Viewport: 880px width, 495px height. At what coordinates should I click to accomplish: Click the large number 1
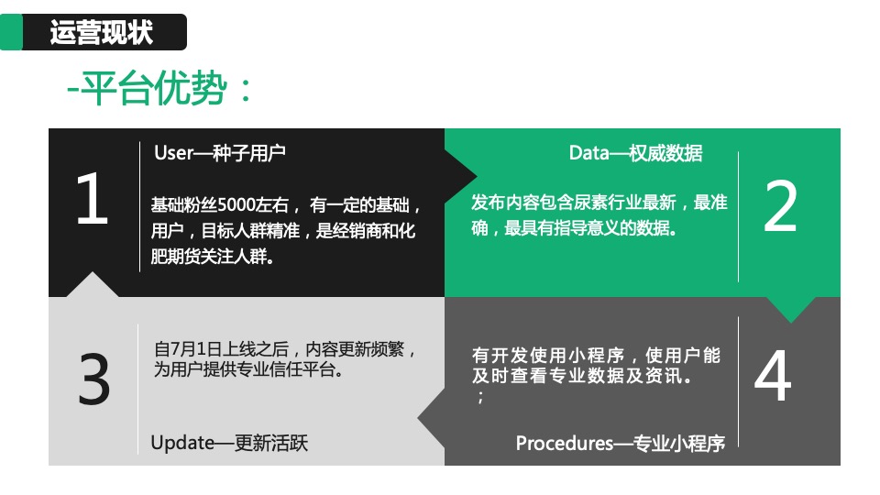(92, 201)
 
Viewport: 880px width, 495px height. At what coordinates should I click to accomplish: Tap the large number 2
(780, 206)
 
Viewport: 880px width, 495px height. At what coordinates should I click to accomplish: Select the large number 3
(94, 379)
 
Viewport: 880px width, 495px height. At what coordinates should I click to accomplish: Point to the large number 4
(772, 376)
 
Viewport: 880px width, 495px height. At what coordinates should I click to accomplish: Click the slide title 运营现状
(102, 33)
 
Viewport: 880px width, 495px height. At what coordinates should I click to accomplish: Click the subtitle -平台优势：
(159, 90)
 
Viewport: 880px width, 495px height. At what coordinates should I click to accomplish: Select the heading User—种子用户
(220, 152)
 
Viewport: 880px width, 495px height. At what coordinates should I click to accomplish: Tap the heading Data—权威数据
(635, 153)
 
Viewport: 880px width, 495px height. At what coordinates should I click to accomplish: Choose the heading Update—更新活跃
(229, 443)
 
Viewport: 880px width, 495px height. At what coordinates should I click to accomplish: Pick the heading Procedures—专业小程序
(621, 443)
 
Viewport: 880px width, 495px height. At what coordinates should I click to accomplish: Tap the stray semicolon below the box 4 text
(479, 399)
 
